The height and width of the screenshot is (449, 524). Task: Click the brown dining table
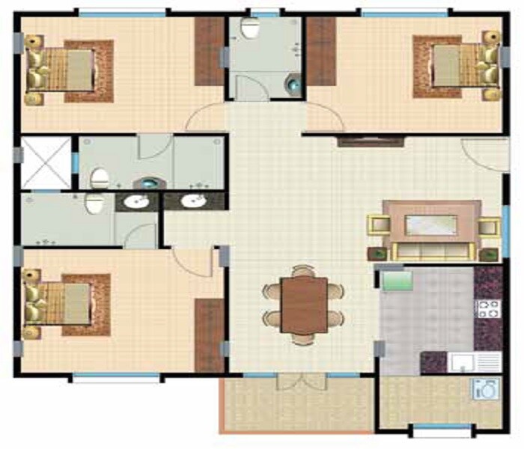[x=304, y=305]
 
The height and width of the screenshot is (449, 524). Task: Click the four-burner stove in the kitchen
[x=487, y=308]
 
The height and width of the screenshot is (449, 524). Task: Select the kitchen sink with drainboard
[x=475, y=364]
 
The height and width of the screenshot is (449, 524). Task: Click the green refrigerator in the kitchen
[x=397, y=283]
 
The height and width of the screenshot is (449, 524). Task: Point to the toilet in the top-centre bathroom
[x=250, y=29]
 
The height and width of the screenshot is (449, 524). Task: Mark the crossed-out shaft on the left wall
[x=46, y=162]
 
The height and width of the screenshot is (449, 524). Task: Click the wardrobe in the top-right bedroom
[x=322, y=52]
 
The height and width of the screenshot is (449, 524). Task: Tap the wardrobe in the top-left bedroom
[x=210, y=52]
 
